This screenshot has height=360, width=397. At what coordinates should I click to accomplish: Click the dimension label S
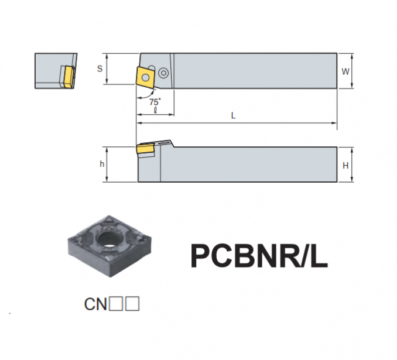pos(100,68)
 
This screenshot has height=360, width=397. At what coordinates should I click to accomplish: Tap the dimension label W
pos(345,71)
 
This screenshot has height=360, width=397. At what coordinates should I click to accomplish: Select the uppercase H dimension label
pos(345,166)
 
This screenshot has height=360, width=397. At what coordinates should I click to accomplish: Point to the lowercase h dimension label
pos(102,164)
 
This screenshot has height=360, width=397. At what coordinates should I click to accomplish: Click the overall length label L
pos(234,115)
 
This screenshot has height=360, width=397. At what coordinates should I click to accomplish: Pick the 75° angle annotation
pos(155,102)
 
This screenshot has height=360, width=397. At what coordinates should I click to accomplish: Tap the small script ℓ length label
pos(155,110)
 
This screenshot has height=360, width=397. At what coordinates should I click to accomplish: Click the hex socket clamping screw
pos(163,73)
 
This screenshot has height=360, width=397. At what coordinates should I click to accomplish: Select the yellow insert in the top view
pos(145,77)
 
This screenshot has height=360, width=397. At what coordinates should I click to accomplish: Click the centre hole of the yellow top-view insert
pos(145,77)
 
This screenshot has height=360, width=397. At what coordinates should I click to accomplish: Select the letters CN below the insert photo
pos(95,304)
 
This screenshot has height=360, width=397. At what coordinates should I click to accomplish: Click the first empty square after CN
pos(116,304)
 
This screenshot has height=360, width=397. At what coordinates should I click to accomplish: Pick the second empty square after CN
pos(132,304)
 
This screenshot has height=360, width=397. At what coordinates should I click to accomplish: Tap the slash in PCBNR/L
pos(303,256)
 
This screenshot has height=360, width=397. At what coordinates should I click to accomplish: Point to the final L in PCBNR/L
pos(319,256)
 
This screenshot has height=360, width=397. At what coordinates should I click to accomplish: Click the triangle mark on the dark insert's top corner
pos(109,220)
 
